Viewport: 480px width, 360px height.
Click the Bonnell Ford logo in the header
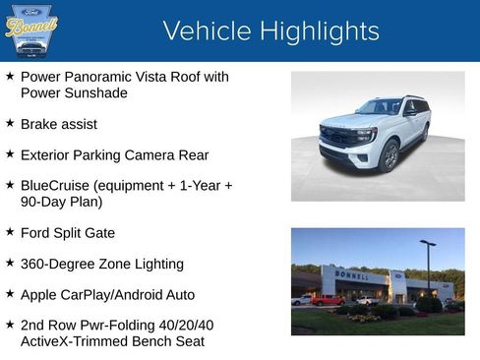click(x=31, y=30)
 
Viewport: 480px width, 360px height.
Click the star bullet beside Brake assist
click(x=10, y=124)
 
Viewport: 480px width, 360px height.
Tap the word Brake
click(x=39, y=124)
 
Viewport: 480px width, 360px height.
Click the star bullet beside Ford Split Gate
click(x=10, y=232)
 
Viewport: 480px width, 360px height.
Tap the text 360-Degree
click(x=57, y=264)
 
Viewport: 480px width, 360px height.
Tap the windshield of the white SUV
click(x=380, y=107)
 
